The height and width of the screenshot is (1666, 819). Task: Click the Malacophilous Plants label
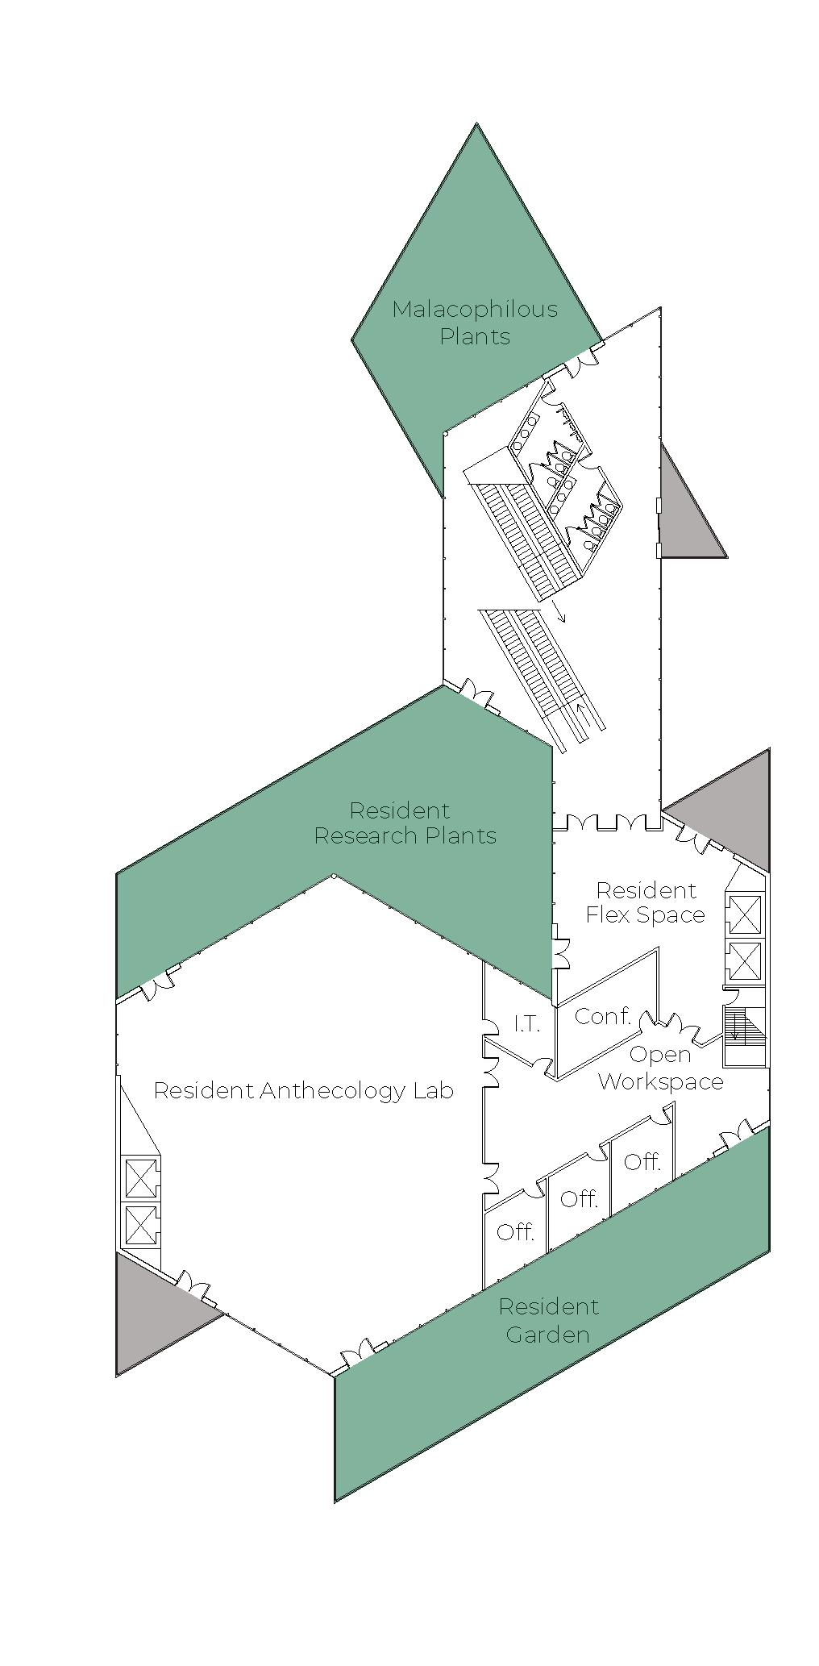[x=475, y=323]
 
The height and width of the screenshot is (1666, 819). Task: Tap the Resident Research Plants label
[x=405, y=823]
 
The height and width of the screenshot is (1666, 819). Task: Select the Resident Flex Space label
[x=645, y=902]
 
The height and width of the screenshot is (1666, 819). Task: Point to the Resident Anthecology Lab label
[x=303, y=1091]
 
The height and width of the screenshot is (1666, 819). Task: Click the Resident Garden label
[x=548, y=1320]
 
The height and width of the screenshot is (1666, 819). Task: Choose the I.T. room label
[x=526, y=1024]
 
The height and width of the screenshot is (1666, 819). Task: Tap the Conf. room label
[x=602, y=1016]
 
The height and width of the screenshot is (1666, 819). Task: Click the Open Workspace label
[x=660, y=1068]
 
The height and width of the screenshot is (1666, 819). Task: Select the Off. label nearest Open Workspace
[x=642, y=1162]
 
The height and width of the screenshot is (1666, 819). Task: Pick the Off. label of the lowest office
[x=516, y=1231]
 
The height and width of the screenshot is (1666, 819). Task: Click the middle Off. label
[x=579, y=1199]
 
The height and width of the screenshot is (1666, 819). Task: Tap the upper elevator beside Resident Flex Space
[x=743, y=914]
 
